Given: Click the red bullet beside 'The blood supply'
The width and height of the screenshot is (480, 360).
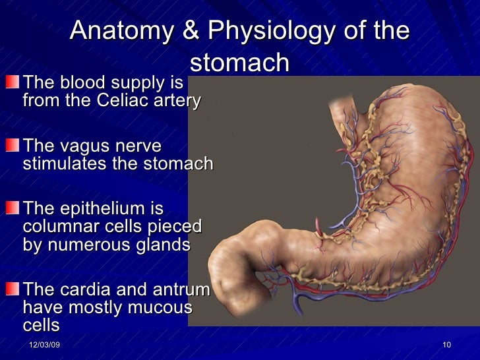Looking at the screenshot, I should point(13,84).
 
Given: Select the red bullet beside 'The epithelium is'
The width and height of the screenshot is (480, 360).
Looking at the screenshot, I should point(13,208).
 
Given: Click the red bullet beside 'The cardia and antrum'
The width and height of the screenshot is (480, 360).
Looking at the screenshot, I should point(13,289).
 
